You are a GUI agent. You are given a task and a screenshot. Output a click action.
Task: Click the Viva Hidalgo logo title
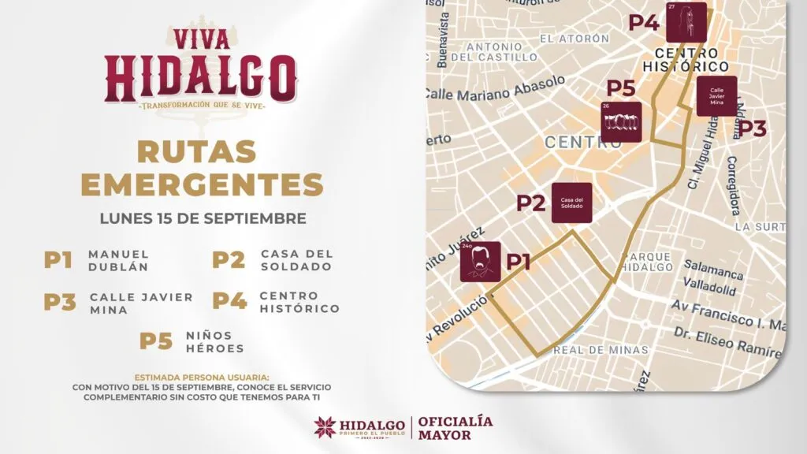point(202,67)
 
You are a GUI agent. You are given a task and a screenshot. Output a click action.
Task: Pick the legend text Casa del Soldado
point(296,260)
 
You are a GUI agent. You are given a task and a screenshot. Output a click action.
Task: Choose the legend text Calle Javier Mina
point(141,302)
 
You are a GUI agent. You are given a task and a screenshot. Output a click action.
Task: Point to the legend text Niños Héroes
point(215,341)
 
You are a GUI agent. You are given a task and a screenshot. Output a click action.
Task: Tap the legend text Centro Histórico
point(299,302)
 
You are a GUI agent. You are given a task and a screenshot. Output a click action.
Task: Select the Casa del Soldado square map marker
point(571,203)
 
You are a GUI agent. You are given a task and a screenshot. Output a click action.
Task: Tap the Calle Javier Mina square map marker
point(716,95)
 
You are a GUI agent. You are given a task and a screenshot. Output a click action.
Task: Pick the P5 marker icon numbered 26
point(622,121)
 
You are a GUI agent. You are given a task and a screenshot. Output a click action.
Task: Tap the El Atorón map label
point(575,38)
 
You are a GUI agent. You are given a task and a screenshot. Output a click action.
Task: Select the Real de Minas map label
point(601,350)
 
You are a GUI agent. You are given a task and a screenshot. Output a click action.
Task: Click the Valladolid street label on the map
point(710,289)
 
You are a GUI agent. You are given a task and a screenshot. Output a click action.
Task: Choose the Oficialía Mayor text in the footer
point(456,427)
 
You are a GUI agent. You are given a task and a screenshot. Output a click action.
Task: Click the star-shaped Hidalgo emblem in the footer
point(324,427)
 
